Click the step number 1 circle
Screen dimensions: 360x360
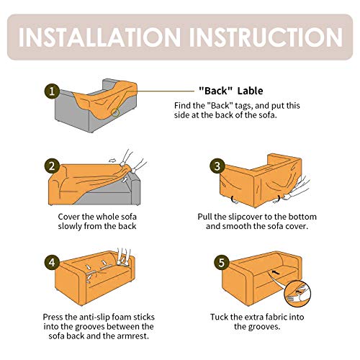tap(51, 91)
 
